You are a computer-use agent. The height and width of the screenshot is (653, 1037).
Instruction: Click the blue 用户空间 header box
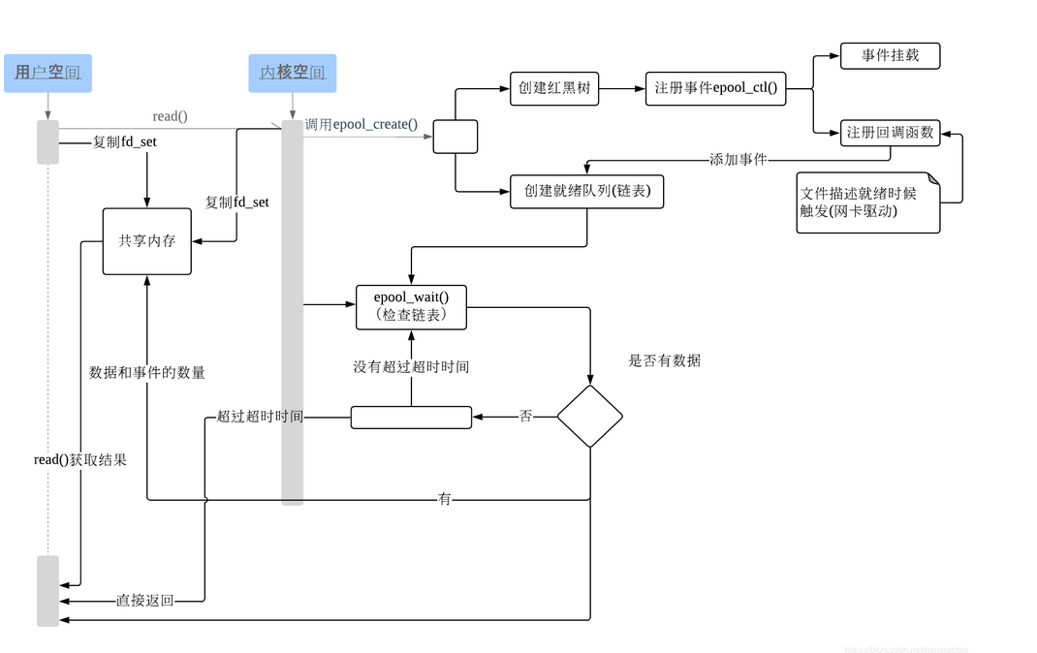47,73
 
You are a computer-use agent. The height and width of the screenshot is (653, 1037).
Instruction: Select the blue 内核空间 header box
292,73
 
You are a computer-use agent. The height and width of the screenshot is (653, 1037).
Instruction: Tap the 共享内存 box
147,241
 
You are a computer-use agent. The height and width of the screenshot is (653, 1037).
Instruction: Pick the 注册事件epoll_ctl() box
715,89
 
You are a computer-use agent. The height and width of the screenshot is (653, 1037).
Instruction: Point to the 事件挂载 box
890,56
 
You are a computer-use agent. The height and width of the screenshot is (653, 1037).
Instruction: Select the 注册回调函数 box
890,133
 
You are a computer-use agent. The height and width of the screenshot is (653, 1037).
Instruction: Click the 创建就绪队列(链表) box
587,192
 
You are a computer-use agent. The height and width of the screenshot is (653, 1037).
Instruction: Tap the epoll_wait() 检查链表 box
411,306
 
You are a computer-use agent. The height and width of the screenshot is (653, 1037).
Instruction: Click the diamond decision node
589,417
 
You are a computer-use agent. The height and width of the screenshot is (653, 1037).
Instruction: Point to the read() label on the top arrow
171,116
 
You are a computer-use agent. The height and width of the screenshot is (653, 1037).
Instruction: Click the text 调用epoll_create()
361,124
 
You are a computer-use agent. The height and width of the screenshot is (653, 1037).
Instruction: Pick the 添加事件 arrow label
738,158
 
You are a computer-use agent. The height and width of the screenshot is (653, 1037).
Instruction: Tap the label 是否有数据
665,361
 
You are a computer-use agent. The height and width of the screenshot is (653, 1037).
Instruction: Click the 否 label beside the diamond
525,417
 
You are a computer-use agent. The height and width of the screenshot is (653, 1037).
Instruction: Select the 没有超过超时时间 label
411,367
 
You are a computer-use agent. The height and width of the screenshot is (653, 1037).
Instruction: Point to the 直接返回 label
145,601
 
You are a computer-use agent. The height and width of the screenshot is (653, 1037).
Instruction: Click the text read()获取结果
80,460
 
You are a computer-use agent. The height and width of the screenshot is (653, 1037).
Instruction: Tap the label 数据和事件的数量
147,373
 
